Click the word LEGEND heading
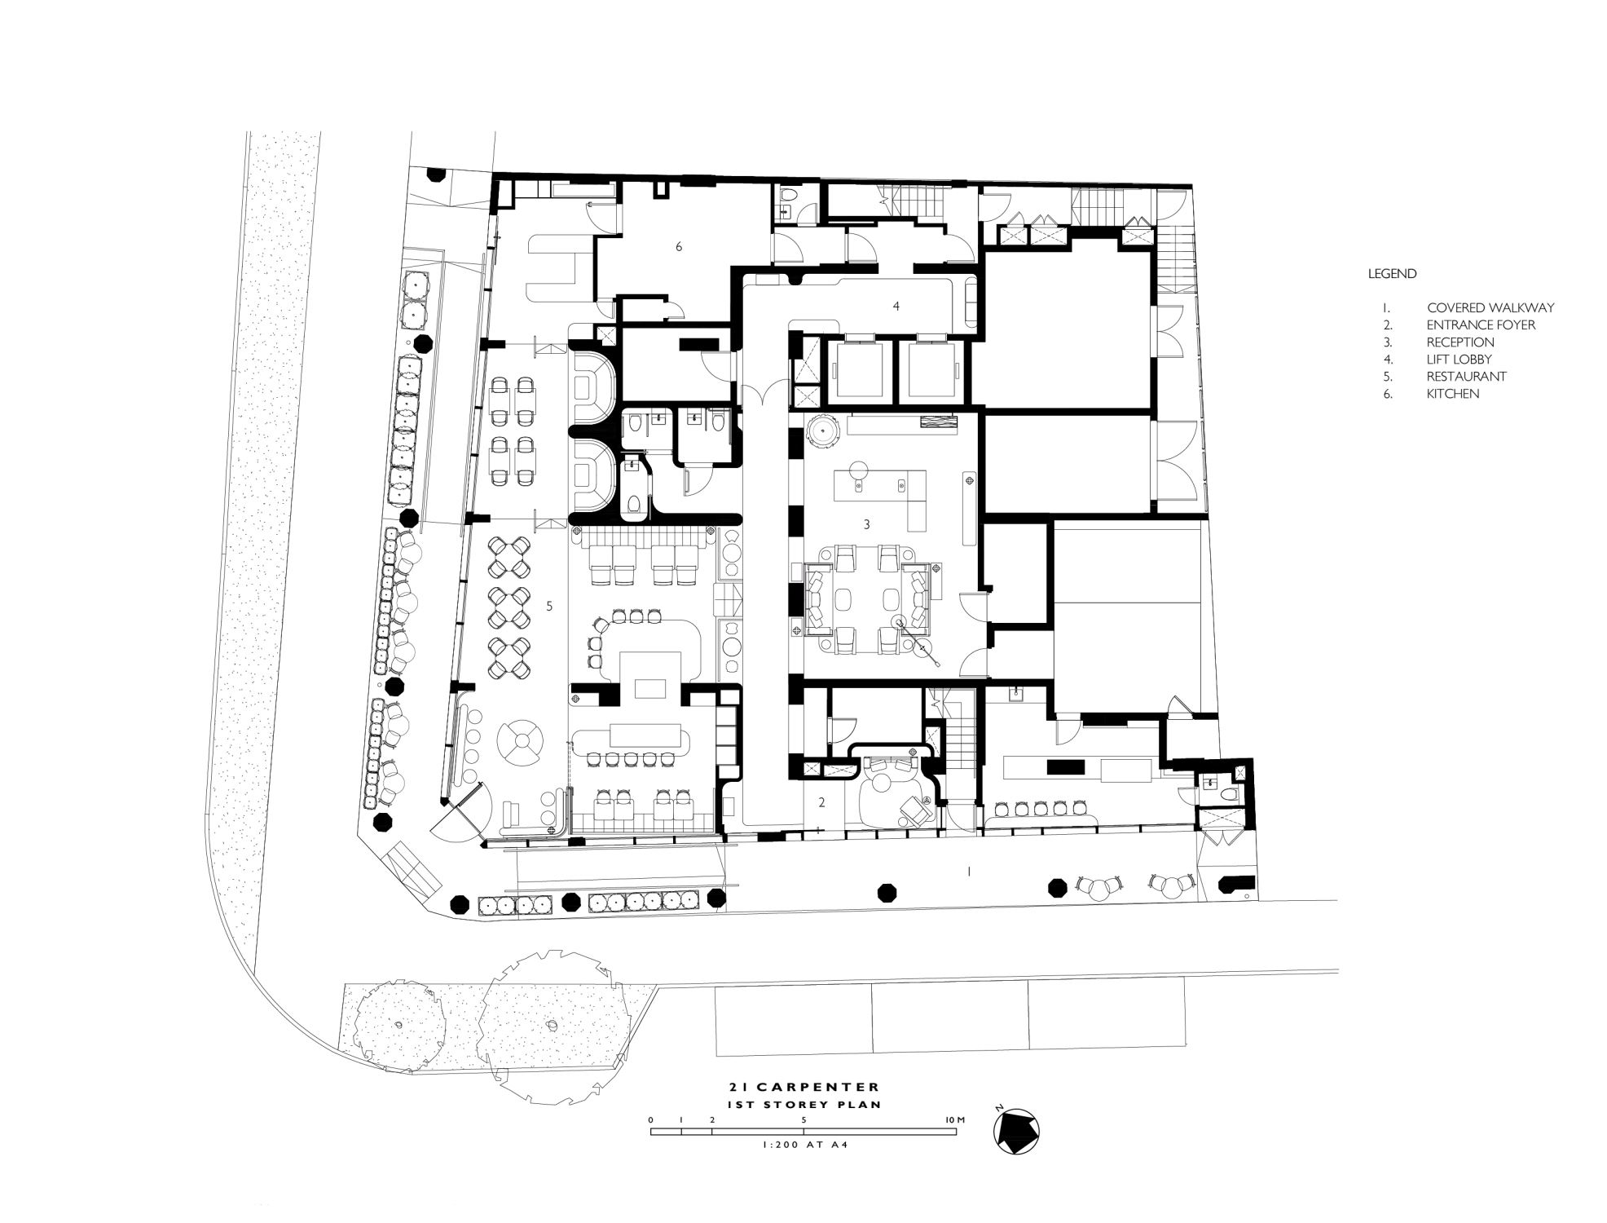point(1392,274)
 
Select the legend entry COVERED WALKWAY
point(1490,308)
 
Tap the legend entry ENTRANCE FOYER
point(1481,325)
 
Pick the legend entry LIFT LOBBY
point(1459,360)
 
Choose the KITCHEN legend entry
point(1453,394)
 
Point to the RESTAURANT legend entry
point(1466,377)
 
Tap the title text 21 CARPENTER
point(804,1087)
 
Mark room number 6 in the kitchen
point(678,246)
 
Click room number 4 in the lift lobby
point(896,306)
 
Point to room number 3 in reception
point(866,524)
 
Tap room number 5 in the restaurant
point(550,606)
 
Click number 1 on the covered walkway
point(969,872)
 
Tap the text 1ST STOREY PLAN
point(805,1104)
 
